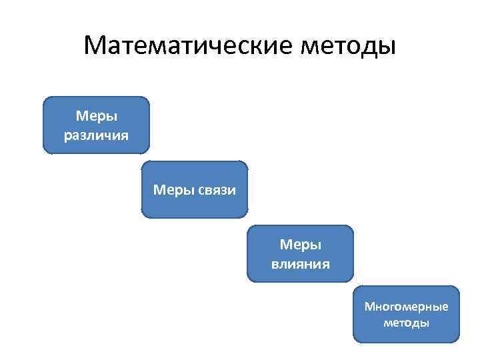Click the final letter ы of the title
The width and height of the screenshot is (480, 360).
pos(388,48)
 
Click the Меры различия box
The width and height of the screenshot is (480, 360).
pos(97,125)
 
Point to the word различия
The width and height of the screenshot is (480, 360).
pos(97,135)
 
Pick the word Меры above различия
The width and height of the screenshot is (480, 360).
pos(97,116)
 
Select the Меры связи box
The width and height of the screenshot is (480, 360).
pos(195,190)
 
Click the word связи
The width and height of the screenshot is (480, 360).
pos(217,190)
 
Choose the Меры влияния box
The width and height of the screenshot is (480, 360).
pos(300,254)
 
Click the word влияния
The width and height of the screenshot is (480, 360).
pos(300,263)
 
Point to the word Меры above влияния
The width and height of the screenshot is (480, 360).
pos(300,245)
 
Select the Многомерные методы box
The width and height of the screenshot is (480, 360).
pos(406,314)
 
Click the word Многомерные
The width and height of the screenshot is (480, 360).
pos(406,307)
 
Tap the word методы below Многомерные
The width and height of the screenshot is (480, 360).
pos(406,323)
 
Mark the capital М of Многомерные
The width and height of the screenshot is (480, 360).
pos(369,307)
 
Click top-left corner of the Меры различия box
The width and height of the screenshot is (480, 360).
pos(45,99)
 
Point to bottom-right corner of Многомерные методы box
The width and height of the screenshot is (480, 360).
pos(458,341)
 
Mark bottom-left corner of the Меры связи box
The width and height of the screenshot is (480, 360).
pos(143,217)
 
